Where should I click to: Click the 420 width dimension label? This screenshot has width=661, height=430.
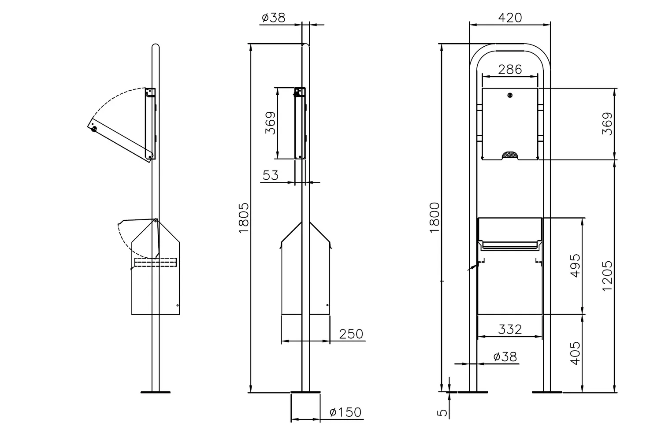click(510, 18)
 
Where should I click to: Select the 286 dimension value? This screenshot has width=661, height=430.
click(510, 70)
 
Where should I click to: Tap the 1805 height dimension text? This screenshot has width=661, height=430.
click(244, 218)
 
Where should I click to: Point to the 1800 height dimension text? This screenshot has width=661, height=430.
click(434, 218)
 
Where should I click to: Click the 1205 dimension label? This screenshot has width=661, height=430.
click(607, 276)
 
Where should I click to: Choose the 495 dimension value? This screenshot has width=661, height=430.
click(575, 266)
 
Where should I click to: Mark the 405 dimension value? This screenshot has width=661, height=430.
click(575, 353)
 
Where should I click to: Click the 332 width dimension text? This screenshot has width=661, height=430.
click(510, 330)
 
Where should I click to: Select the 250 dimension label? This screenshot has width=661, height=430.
click(351, 334)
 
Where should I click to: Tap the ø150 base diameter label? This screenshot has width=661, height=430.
click(345, 412)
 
